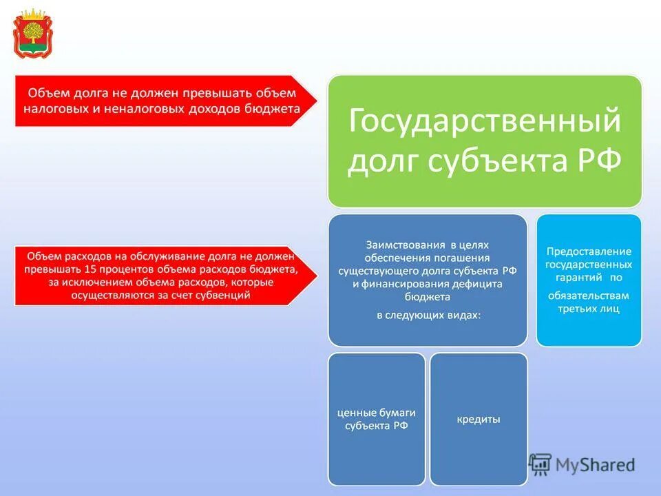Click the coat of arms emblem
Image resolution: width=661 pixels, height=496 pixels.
tap(32, 32)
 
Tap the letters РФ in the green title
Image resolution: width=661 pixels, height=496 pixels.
tap(595, 161)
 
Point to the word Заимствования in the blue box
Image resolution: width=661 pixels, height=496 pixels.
tap(405, 245)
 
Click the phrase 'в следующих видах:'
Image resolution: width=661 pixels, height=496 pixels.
tap(428, 315)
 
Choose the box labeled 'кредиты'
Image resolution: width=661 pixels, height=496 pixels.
tap(478, 419)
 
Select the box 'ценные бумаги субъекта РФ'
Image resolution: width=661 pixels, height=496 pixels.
tap(376, 419)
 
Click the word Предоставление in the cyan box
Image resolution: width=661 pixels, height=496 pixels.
tap(589, 251)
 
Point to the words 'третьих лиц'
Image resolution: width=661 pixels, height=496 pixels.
tap(589, 309)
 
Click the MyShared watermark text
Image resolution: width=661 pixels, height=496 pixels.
tap(596, 464)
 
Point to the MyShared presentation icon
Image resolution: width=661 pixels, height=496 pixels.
tap(541, 464)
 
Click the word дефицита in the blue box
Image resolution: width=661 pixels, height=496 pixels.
tap(476, 284)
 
